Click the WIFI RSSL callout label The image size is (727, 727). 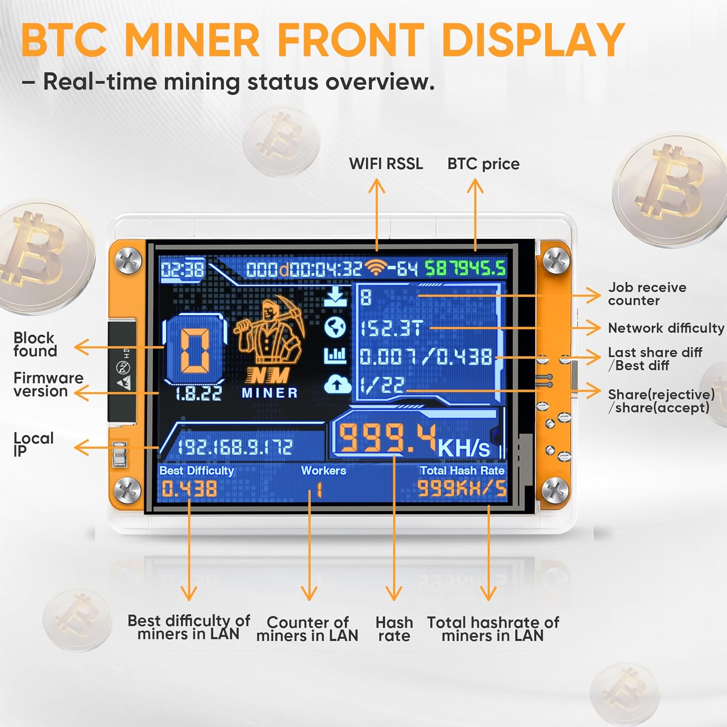click(x=386, y=163)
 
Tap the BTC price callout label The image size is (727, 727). click(x=483, y=164)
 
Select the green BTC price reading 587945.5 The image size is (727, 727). click(x=465, y=268)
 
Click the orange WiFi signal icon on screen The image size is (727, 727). click(x=377, y=267)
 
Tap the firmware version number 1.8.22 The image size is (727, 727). click(x=199, y=393)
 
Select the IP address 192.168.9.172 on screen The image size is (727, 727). click(x=235, y=447)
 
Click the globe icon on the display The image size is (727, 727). click(x=335, y=327)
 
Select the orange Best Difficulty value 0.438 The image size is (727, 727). click(x=189, y=489)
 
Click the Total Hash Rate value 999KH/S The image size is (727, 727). click(x=462, y=489)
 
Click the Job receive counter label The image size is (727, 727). click(x=647, y=294)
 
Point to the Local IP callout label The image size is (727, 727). click(x=33, y=444)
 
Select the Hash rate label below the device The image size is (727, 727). click(x=394, y=629)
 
